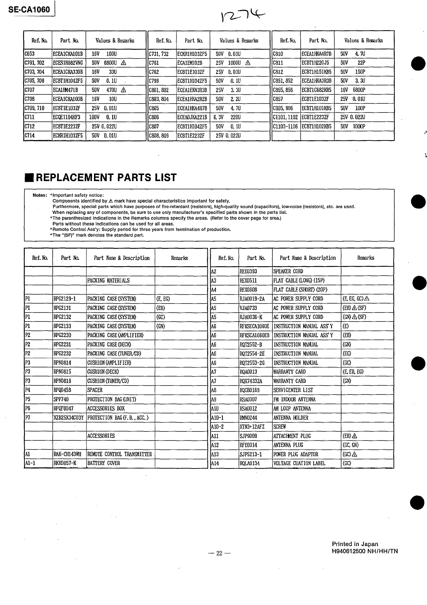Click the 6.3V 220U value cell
pos(227,117)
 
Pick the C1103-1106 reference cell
pos(286,126)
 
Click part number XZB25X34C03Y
pos(69,417)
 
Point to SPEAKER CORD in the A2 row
pos(288,272)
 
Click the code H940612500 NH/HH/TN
pos(365,551)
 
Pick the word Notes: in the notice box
pos(40,195)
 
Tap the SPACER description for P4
pos(95,390)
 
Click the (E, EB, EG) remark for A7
pos(353,372)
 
